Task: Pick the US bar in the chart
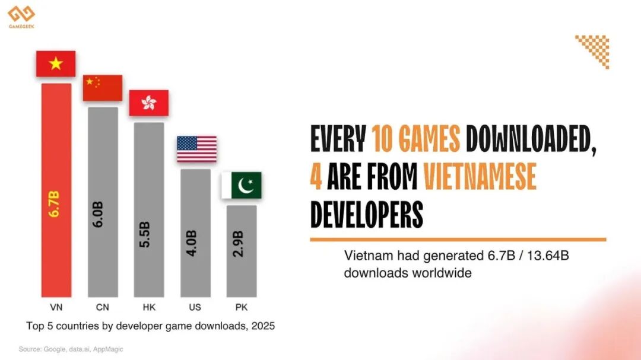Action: (x=195, y=232)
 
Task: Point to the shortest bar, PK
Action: (x=242, y=251)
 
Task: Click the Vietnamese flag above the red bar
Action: (x=56, y=64)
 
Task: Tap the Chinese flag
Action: (x=102, y=88)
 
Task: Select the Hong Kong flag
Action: (x=148, y=103)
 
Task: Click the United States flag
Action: (x=196, y=149)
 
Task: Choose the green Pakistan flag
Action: (x=242, y=186)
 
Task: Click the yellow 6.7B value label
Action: (x=55, y=204)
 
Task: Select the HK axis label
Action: (x=148, y=307)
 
